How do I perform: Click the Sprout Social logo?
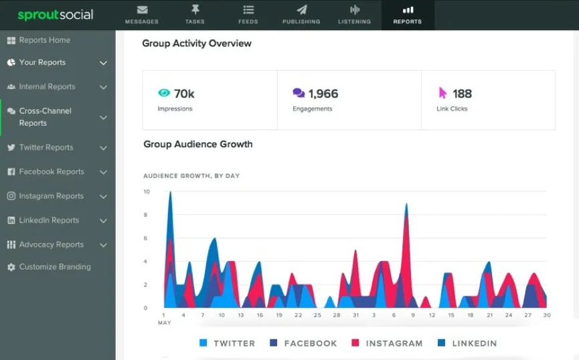[x=56, y=15]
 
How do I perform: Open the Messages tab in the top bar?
[x=141, y=15]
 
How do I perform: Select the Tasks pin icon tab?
[x=195, y=15]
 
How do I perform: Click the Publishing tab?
[x=301, y=15]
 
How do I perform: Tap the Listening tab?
[x=354, y=15]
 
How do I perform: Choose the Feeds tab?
[x=248, y=15]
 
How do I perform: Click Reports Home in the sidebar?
[x=44, y=40]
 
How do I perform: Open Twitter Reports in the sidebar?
[x=46, y=147]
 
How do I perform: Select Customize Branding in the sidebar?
[x=54, y=267]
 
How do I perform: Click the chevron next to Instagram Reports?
[x=103, y=197]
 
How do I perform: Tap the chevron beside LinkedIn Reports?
[x=103, y=221]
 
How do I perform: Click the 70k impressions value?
[x=184, y=94]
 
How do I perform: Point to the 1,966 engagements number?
[x=323, y=94]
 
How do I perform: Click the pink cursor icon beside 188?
[x=442, y=93]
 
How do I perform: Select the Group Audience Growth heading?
[x=197, y=144]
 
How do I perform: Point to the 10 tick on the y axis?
[x=147, y=192]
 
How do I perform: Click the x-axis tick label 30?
[x=547, y=315]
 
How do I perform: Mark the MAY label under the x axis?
[x=163, y=323]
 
